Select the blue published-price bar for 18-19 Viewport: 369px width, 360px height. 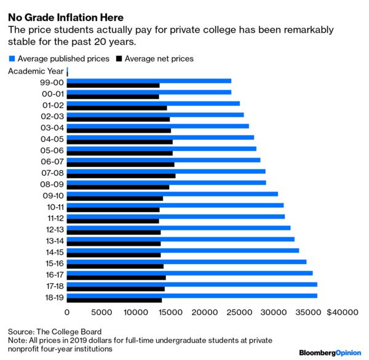pos(191,295)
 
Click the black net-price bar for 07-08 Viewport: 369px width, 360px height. pos(121,176)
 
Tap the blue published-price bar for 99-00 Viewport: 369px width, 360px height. pos(148,80)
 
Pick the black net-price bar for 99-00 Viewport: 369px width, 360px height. pos(113,85)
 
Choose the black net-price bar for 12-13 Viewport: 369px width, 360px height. pos(113,232)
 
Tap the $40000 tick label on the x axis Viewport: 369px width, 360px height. pos(343,313)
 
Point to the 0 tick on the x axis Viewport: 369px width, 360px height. pos(66,313)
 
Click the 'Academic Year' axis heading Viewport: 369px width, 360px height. pos(35,71)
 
